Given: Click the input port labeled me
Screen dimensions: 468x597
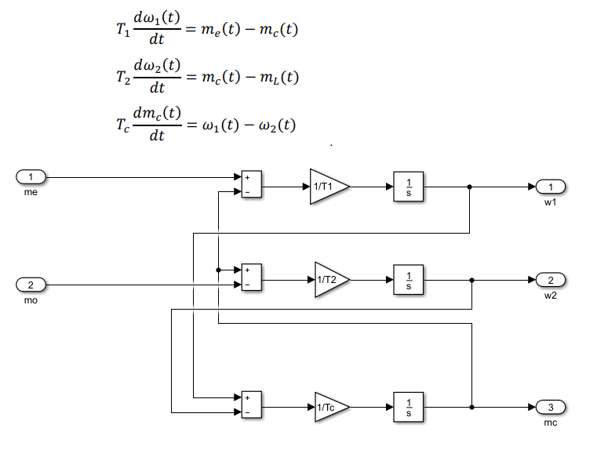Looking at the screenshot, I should pyautogui.click(x=31, y=176).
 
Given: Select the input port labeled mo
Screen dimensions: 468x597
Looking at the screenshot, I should pyautogui.click(x=31, y=285).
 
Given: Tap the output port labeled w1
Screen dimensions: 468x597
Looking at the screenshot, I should pyautogui.click(x=551, y=187).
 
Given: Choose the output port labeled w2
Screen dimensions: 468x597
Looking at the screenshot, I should pyautogui.click(x=551, y=281).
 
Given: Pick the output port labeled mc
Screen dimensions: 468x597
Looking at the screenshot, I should pyautogui.click(x=551, y=407).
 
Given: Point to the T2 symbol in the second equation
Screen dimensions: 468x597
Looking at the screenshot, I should pyautogui.click(x=121, y=78).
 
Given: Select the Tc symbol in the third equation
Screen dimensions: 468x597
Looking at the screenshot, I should pyautogui.click(x=121, y=125).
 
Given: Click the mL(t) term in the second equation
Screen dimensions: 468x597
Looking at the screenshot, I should pyautogui.click(x=278, y=78).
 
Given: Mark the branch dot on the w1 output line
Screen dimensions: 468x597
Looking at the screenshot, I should pyautogui.click(x=469, y=187).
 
